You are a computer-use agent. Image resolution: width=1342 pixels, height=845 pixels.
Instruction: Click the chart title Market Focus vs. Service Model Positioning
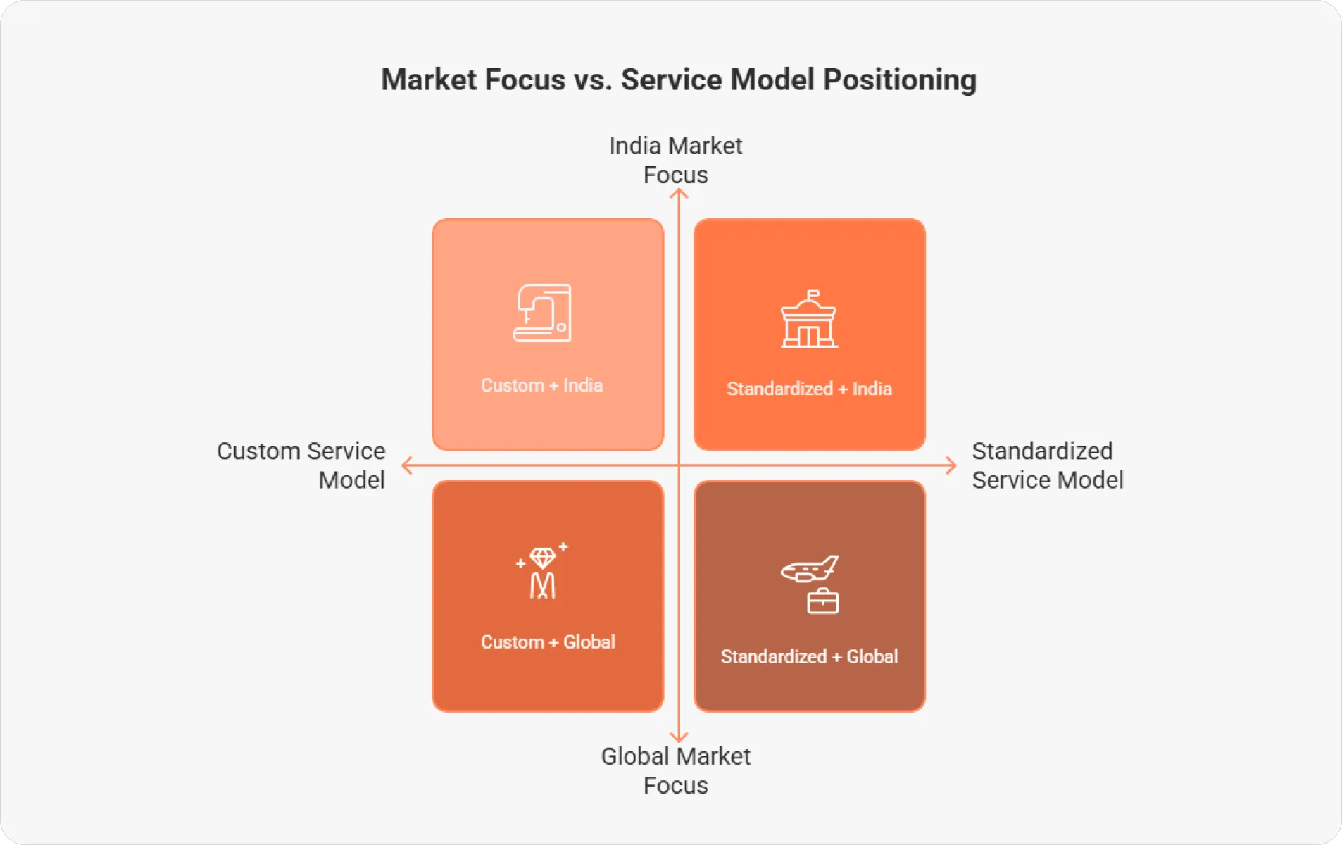(x=678, y=80)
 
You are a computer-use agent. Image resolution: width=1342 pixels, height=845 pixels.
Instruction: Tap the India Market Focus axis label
(x=676, y=161)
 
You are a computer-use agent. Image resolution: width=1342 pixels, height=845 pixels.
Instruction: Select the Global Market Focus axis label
(x=676, y=770)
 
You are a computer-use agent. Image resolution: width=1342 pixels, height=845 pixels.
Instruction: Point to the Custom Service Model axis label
(x=301, y=465)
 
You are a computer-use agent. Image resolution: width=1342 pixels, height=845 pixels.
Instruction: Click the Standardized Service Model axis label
(x=1047, y=465)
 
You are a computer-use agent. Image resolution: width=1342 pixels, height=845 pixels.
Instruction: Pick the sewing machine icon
(x=542, y=313)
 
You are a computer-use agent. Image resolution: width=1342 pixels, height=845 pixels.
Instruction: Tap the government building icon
(x=809, y=320)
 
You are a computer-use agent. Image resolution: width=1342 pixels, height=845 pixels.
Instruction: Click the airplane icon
(x=810, y=568)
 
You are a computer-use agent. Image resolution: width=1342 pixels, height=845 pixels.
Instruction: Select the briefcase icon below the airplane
(x=822, y=601)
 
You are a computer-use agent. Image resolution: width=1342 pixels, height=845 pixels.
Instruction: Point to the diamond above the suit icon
(x=543, y=558)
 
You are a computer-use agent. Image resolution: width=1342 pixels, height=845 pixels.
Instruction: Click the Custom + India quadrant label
(x=541, y=385)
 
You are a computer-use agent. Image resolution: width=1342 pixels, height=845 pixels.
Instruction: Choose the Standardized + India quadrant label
(x=809, y=389)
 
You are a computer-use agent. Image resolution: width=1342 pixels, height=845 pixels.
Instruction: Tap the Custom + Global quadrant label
(x=548, y=641)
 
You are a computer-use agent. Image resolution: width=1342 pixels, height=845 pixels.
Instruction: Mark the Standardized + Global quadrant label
(x=809, y=656)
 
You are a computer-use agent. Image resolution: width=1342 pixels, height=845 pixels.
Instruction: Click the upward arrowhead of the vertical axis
(x=679, y=193)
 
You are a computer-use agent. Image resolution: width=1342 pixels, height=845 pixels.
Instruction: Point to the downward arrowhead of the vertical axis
(x=679, y=739)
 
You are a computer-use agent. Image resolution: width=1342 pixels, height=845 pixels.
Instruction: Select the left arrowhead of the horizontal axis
(x=406, y=465)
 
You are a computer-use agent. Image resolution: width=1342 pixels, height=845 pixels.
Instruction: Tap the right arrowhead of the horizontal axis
(x=952, y=465)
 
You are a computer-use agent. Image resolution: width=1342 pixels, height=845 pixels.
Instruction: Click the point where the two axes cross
(x=679, y=465)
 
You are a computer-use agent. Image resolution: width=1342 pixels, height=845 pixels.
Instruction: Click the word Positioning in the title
(x=900, y=80)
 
